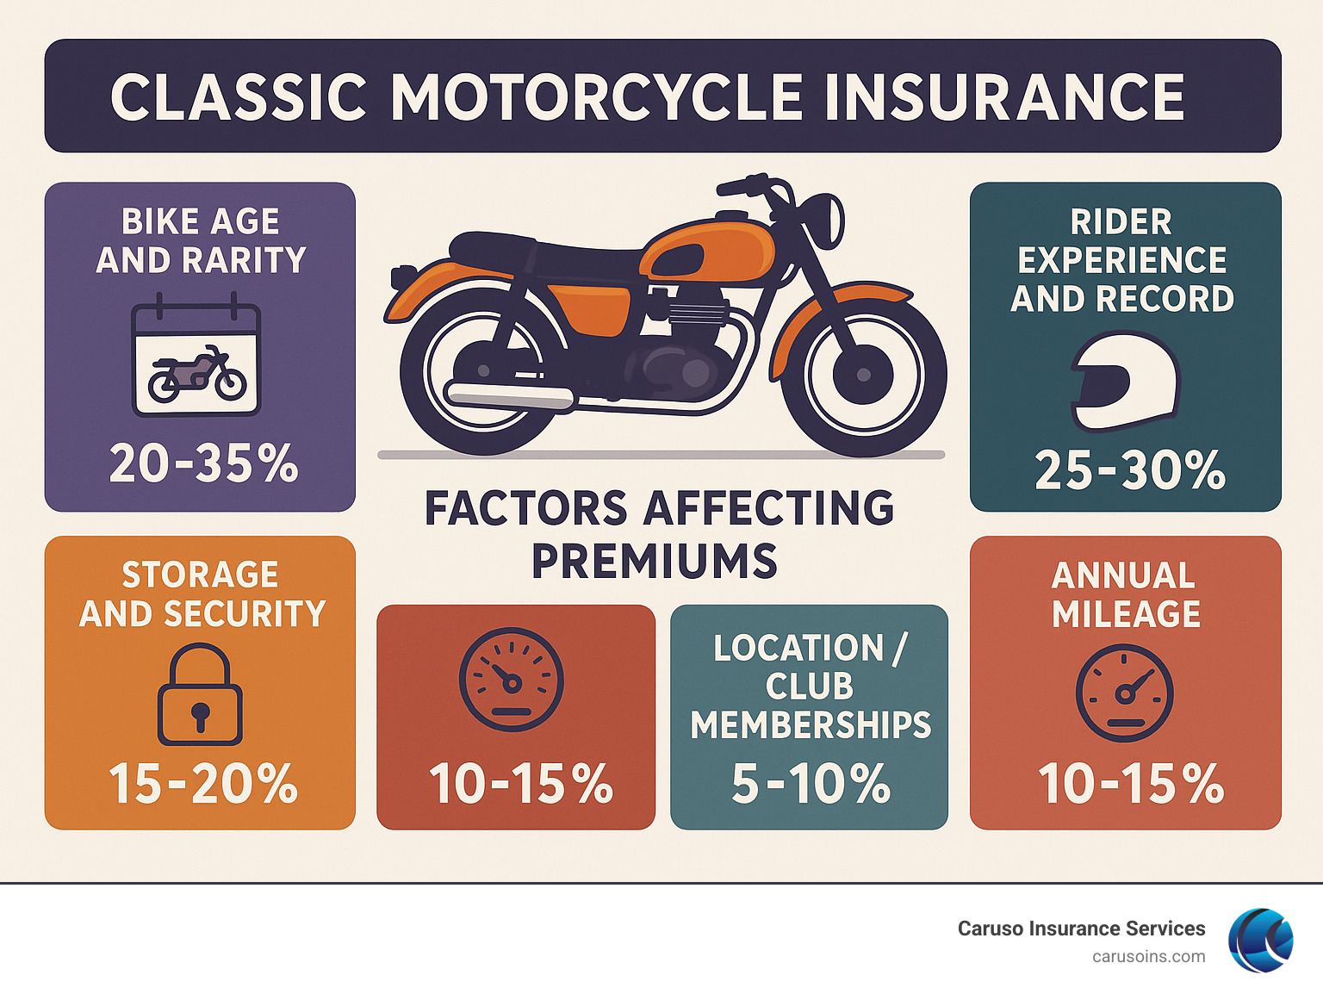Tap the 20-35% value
click(x=203, y=463)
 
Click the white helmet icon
click(x=1125, y=382)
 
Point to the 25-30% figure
click(x=1130, y=470)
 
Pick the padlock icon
click(x=200, y=695)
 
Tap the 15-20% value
click(x=203, y=784)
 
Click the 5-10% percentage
click(x=811, y=784)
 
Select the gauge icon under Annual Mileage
click(x=1125, y=693)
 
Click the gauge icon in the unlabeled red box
click(x=511, y=680)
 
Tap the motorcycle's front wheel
click(x=863, y=374)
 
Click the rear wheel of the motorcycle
click(x=482, y=372)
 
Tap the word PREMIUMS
click(x=655, y=562)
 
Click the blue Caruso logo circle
click(x=1260, y=941)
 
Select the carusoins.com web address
click(x=1148, y=956)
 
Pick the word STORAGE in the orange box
click(x=200, y=575)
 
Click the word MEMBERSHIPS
click(x=811, y=725)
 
